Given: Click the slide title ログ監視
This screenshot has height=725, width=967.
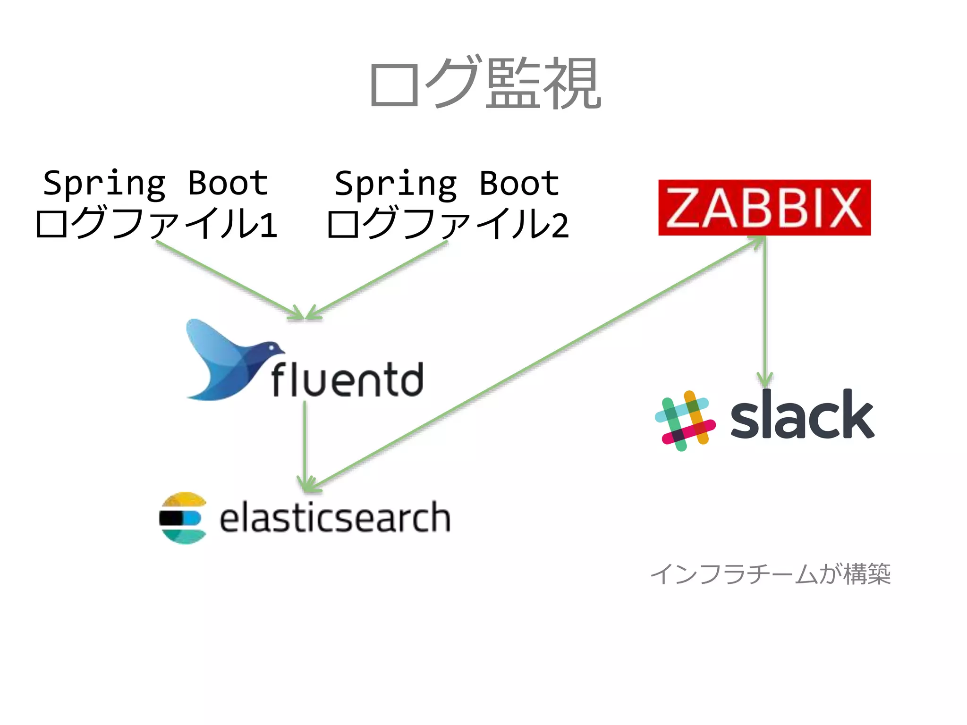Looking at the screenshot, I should click(485, 83).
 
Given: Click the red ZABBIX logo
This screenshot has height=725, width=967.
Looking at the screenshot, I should click(764, 208).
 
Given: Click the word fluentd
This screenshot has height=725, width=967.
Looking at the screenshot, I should click(347, 380).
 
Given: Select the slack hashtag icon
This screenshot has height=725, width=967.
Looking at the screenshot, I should click(685, 420).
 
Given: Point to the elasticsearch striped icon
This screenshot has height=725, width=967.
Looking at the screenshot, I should click(183, 518).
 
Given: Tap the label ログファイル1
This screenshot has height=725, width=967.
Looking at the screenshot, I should click(156, 224).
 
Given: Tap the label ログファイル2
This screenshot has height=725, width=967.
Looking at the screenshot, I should click(447, 224).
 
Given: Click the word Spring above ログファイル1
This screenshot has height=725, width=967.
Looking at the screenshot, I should click(104, 183).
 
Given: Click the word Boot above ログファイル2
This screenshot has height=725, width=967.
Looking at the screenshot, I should click(519, 183).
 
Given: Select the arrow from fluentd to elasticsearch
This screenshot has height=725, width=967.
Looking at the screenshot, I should click(305, 444).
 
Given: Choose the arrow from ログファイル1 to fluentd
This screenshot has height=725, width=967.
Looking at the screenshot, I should click(227, 278).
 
